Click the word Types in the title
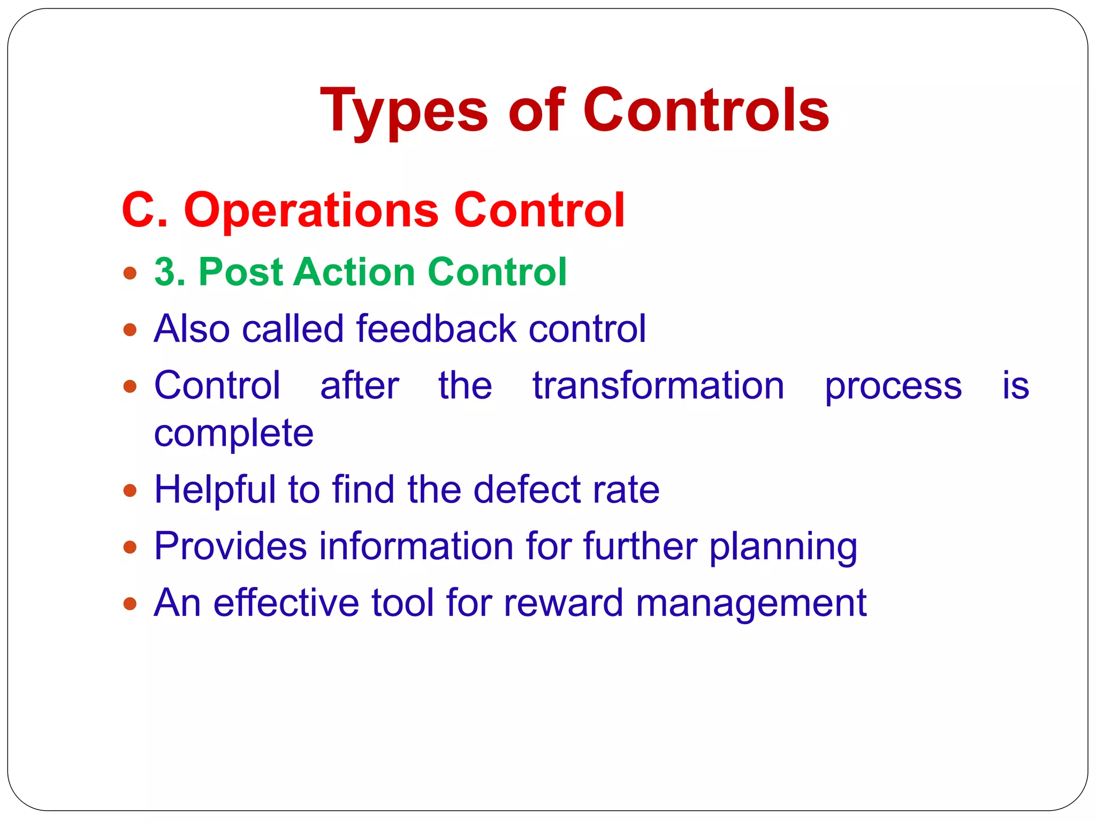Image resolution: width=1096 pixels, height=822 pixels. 404,111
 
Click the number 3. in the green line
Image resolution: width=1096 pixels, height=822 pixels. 169,272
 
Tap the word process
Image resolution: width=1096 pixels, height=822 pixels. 893,386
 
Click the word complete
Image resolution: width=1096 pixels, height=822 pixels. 234,433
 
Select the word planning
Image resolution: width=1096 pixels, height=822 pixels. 783,547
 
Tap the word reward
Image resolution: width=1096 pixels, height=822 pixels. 563,603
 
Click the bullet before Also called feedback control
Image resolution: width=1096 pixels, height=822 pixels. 130,330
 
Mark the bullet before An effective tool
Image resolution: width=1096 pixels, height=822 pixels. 130,604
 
